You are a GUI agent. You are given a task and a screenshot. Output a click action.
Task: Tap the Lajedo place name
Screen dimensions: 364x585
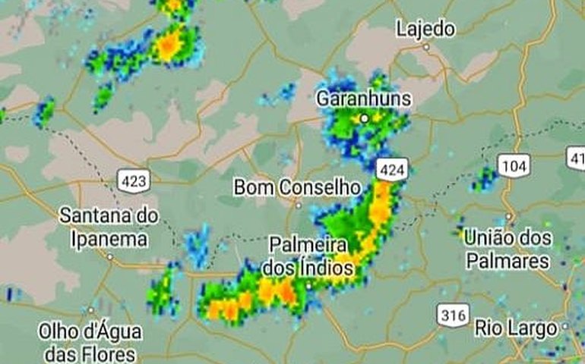tap(425, 29)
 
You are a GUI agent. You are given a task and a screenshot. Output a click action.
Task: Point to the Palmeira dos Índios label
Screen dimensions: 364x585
tap(308, 256)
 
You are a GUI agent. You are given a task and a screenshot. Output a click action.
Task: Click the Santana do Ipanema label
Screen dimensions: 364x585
tap(109, 227)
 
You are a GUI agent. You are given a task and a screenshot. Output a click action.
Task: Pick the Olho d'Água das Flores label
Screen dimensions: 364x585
tap(90, 342)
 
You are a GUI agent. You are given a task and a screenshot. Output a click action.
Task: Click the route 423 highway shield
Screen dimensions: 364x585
tap(134, 180)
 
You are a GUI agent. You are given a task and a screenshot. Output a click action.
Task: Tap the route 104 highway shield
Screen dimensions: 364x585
tap(514, 165)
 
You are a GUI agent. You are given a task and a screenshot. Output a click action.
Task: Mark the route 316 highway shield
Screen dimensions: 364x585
tap(453, 315)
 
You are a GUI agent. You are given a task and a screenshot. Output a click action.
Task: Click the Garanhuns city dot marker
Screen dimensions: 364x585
tap(365, 118)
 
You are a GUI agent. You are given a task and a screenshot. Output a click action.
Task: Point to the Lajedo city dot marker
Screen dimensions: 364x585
tap(426, 47)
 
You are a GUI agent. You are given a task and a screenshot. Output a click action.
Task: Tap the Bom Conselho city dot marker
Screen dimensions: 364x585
tap(299, 205)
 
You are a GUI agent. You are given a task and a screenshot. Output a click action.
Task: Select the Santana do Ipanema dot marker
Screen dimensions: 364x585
tap(110, 256)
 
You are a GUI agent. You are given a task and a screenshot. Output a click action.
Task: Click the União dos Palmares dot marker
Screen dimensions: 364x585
tap(508, 216)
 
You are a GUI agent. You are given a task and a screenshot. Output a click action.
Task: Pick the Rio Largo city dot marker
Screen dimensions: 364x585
tap(566, 328)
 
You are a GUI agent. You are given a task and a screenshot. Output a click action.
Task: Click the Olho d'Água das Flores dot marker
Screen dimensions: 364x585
tap(90, 310)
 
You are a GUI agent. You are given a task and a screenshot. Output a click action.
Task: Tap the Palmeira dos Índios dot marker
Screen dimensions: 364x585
tap(309, 285)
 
